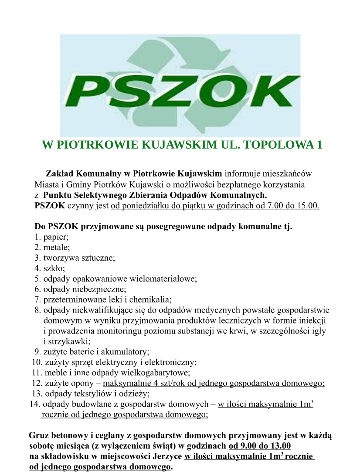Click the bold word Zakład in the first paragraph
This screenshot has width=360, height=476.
click(61, 173)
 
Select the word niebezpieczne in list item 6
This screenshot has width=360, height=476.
click(103, 288)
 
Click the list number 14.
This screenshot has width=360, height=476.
click(34, 404)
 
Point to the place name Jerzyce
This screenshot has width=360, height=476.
click(168, 456)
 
